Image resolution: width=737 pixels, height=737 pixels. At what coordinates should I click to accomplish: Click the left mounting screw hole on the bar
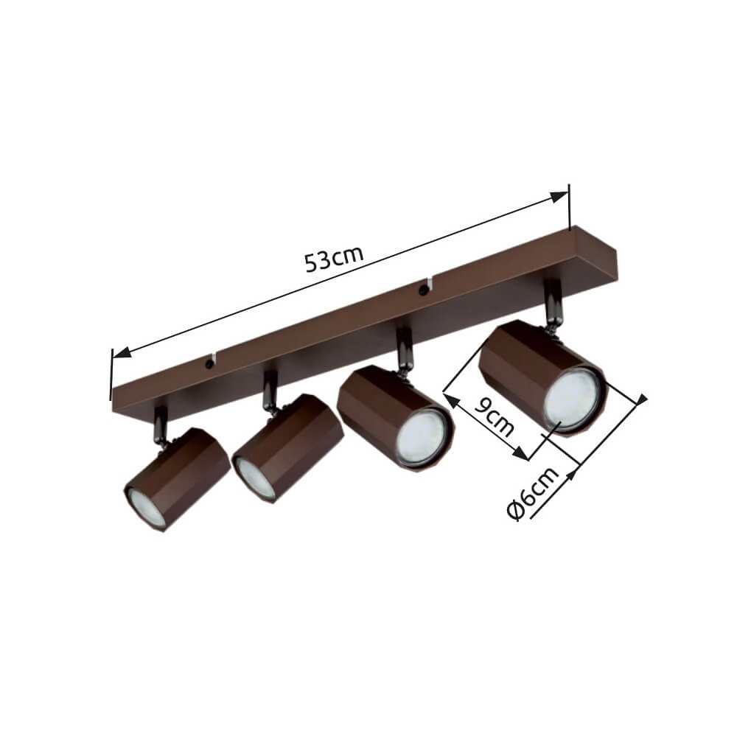point(209,363)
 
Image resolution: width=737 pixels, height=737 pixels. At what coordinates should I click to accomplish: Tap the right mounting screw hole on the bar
point(423,289)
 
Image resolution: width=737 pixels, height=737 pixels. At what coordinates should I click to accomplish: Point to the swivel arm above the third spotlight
point(403,350)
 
